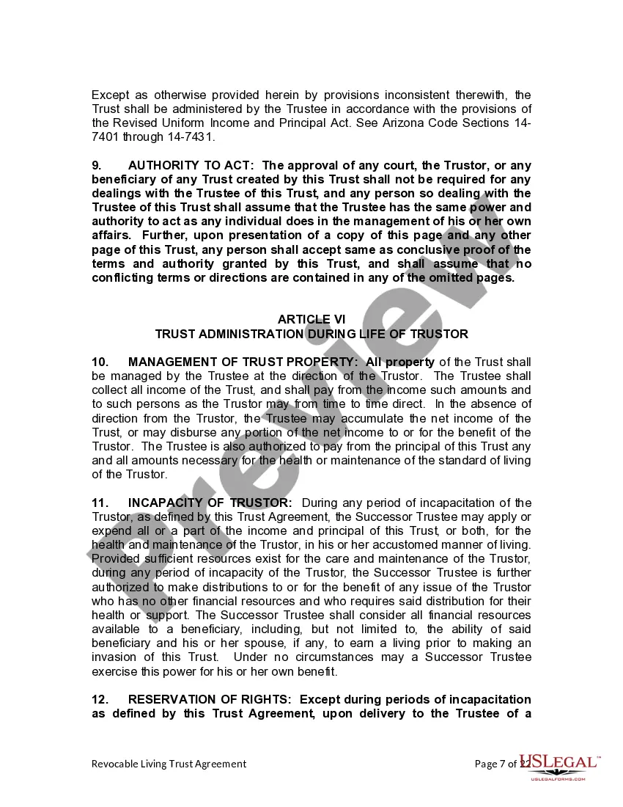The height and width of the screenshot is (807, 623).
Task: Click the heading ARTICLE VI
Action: [x=311, y=319]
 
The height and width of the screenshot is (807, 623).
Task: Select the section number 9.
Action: [x=96, y=165]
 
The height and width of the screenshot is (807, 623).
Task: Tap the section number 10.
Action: [x=100, y=362]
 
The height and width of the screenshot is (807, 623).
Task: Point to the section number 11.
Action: [x=100, y=503]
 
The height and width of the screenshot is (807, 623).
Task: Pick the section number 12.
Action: [x=100, y=699]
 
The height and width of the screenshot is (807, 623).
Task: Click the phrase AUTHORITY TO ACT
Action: [x=190, y=165]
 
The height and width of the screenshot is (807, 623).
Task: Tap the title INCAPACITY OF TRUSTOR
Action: [x=210, y=503]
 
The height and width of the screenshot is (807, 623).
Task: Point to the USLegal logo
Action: [x=559, y=764]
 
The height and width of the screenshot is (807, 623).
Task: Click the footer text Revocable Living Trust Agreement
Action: [x=169, y=764]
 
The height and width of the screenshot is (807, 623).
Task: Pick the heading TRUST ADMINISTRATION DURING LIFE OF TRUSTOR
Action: [x=311, y=334]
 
